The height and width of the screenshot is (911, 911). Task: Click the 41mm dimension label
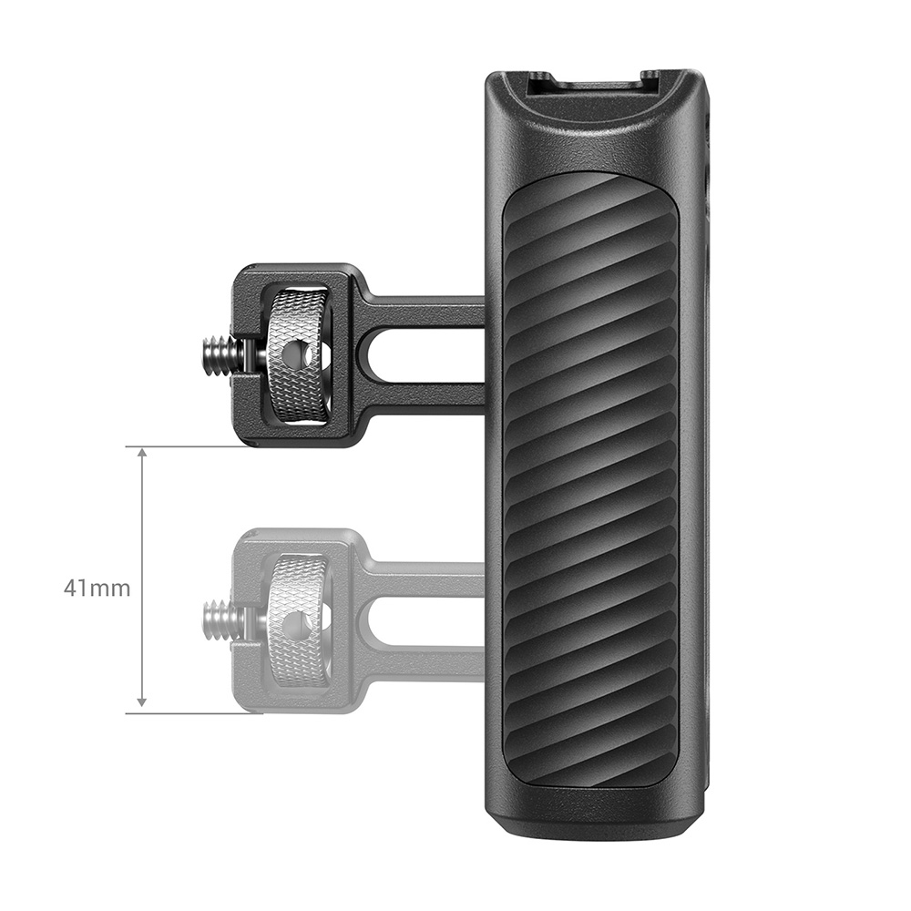97,588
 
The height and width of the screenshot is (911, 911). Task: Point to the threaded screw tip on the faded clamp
221,620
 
